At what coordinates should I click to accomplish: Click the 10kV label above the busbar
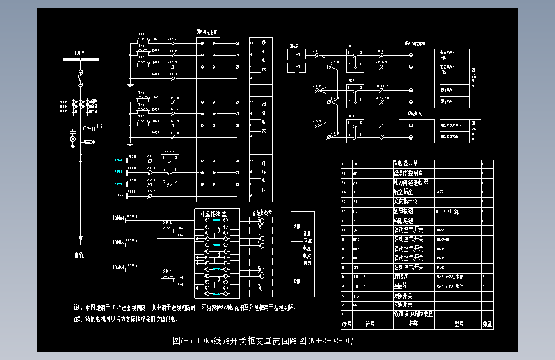coord(78,52)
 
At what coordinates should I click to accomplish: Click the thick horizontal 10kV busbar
coord(81,60)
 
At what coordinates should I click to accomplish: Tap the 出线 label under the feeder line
coord(79,256)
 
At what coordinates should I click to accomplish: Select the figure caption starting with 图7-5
coord(263,341)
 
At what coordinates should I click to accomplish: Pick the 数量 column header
coord(487,323)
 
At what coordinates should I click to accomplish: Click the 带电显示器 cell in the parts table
coord(407,163)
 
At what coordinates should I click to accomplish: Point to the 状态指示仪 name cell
coord(407,201)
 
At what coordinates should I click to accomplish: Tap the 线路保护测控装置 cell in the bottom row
coord(413,314)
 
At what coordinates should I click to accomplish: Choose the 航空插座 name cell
coord(405,192)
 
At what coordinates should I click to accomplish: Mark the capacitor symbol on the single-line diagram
coord(72,130)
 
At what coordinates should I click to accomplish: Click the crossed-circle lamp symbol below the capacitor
coord(72,139)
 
